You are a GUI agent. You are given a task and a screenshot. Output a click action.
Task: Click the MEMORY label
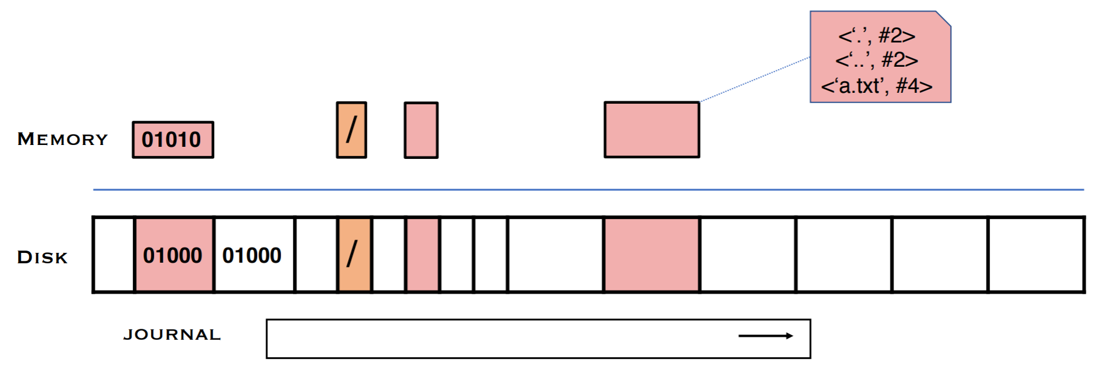pyautogui.click(x=62, y=139)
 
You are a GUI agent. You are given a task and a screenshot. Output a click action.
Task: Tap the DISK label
pyautogui.click(x=42, y=257)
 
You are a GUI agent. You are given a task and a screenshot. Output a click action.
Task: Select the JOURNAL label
pyautogui.click(x=172, y=335)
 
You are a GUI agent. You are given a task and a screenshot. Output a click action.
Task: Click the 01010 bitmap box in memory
pyautogui.click(x=173, y=140)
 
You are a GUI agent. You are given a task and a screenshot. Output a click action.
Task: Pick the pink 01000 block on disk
pyautogui.click(x=173, y=255)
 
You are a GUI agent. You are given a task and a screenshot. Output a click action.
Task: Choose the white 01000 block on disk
pyautogui.click(x=254, y=255)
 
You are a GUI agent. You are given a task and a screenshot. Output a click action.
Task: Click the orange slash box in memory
pyautogui.click(x=352, y=130)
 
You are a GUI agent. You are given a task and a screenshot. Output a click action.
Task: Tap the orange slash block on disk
pyautogui.click(x=354, y=255)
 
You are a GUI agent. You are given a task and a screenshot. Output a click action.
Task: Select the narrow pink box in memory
pyautogui.click(x=421, y=130)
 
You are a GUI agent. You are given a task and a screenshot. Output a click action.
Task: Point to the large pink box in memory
pyautogui.click(x=651, y=130)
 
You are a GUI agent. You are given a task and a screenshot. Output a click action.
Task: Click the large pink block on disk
pyautogui.click(x=651, y=255)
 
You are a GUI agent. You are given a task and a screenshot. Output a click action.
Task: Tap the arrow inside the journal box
pyautogui.click(x=765, y=336)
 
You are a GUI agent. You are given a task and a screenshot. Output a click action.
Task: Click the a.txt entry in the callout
pyautogui.click(x=876, y=86)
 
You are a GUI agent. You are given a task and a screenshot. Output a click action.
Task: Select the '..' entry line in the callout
pyautogui.click(x=876, y=60)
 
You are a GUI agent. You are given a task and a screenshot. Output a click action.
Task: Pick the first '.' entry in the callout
pyautogui.click(x=876, y=36)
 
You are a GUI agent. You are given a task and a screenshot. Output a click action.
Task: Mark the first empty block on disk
pyautogui.click(x=113, y=255)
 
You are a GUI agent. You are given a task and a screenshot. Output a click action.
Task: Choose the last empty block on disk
pyautogui.click(x=1036, y=255)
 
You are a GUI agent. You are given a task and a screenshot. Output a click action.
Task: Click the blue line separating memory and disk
pyautogui.click(x=588, y=190)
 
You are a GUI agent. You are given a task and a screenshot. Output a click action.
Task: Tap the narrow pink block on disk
pyautogui.click(x=423, y=255)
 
